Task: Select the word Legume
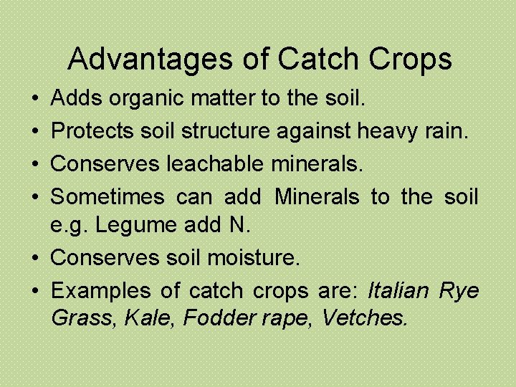pos(137,225)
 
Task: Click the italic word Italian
pos(398,290)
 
